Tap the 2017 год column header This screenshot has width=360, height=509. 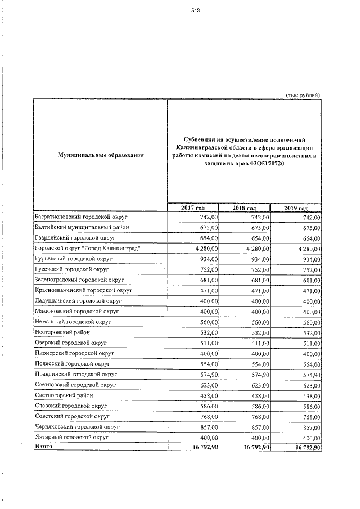click(x=192, y=209)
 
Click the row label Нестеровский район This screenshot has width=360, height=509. click(x=58, y=332)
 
